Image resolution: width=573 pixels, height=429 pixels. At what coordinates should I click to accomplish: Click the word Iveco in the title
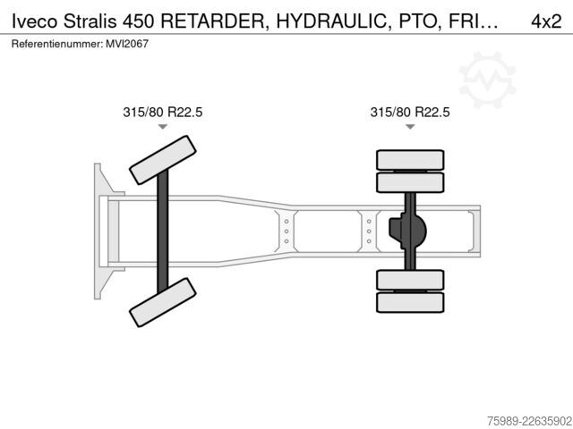[x=35, y=21]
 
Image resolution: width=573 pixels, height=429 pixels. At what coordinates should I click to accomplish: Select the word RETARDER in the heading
[x=212, y=21]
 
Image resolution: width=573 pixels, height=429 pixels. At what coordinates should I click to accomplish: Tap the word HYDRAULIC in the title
[x=331, y=21]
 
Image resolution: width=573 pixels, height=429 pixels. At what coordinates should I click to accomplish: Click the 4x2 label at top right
[x=546, y=21]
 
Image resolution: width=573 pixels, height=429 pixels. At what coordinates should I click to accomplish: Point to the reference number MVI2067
[x=127, y=44]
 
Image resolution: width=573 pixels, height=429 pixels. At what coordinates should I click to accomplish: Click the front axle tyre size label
[x=163, y=112]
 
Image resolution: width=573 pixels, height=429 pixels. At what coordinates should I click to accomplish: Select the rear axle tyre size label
[x=410, y=112]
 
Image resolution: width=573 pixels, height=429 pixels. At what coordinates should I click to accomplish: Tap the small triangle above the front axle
[x=163, y=127]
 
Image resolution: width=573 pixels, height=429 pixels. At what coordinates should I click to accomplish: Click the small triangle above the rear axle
[x=410, y=127]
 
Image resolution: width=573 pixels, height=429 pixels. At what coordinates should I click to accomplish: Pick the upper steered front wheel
[x=163, y=160]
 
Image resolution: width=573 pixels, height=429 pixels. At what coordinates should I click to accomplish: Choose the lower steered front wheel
[x=163, y=302]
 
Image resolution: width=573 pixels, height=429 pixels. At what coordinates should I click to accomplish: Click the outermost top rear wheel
[x=410, y=160]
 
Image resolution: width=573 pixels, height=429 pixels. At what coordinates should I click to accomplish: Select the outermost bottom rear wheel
[x=410, y=302]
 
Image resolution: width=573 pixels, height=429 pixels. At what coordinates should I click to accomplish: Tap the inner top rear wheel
[x=410, y=182]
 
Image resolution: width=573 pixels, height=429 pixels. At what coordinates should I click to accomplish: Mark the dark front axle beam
[x=163, y=231]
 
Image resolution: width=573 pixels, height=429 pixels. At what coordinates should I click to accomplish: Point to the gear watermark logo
[x=487, y=80]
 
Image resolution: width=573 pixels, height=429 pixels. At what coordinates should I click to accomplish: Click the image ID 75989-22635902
[x=530, y=421]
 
